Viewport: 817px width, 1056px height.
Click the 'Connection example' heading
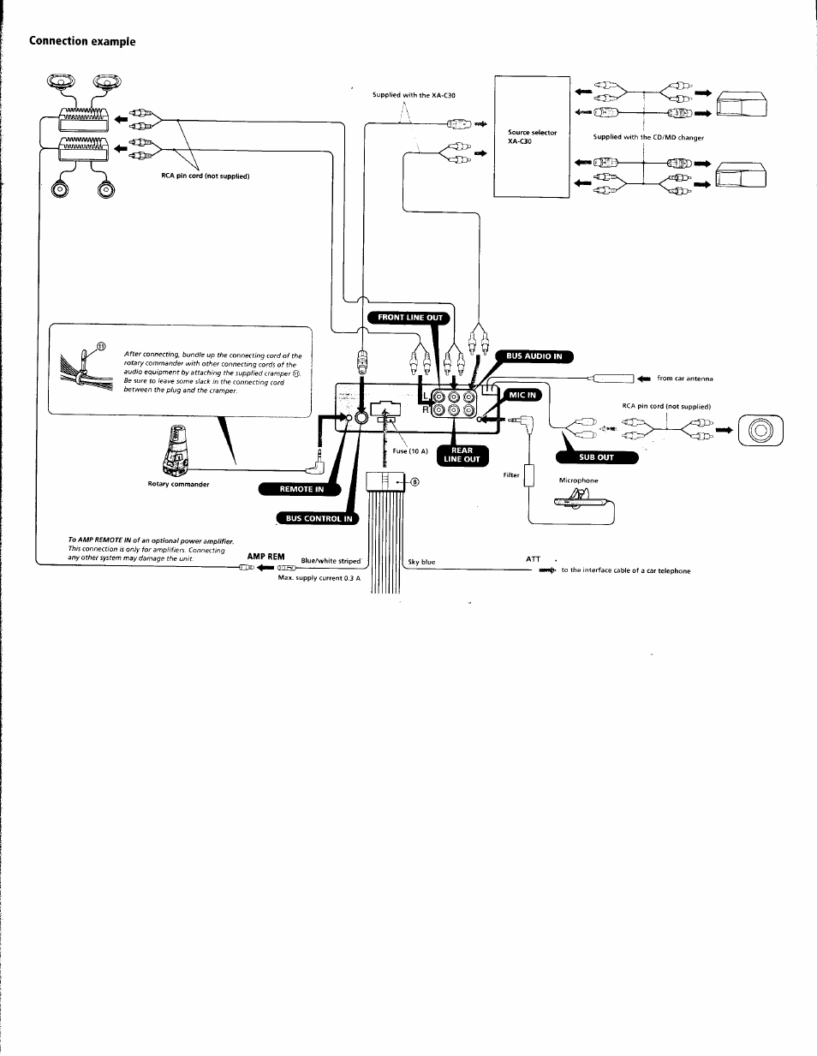click(x=82, y=41)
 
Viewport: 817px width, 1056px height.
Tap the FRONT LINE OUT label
click(x=410, y=318)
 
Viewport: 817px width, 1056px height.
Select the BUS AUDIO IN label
click(x=534, y=356)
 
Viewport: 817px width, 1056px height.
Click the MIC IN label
click(x=522, y=395)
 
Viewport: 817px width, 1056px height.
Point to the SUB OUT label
click(x=598, y=457)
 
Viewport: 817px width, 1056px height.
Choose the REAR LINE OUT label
click(x=462, y=455)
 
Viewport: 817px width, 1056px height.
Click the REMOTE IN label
click(x=301, y=489)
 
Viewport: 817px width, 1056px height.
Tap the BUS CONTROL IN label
click(x=319, y=518)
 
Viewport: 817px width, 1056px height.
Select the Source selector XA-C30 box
click(x=532, y=137)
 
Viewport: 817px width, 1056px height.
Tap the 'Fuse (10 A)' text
click(x=409, y=452)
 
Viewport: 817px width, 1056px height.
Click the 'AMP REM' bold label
click(x=265, y=557)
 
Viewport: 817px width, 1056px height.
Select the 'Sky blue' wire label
click(x=421, y=562)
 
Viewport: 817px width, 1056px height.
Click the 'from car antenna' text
click(x=684, y=379)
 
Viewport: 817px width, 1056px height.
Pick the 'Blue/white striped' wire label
click(x=331, y=562)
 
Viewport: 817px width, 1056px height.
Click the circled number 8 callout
click(x=415, y=481)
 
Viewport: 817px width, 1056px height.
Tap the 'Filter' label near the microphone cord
click(x=511, y=474)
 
